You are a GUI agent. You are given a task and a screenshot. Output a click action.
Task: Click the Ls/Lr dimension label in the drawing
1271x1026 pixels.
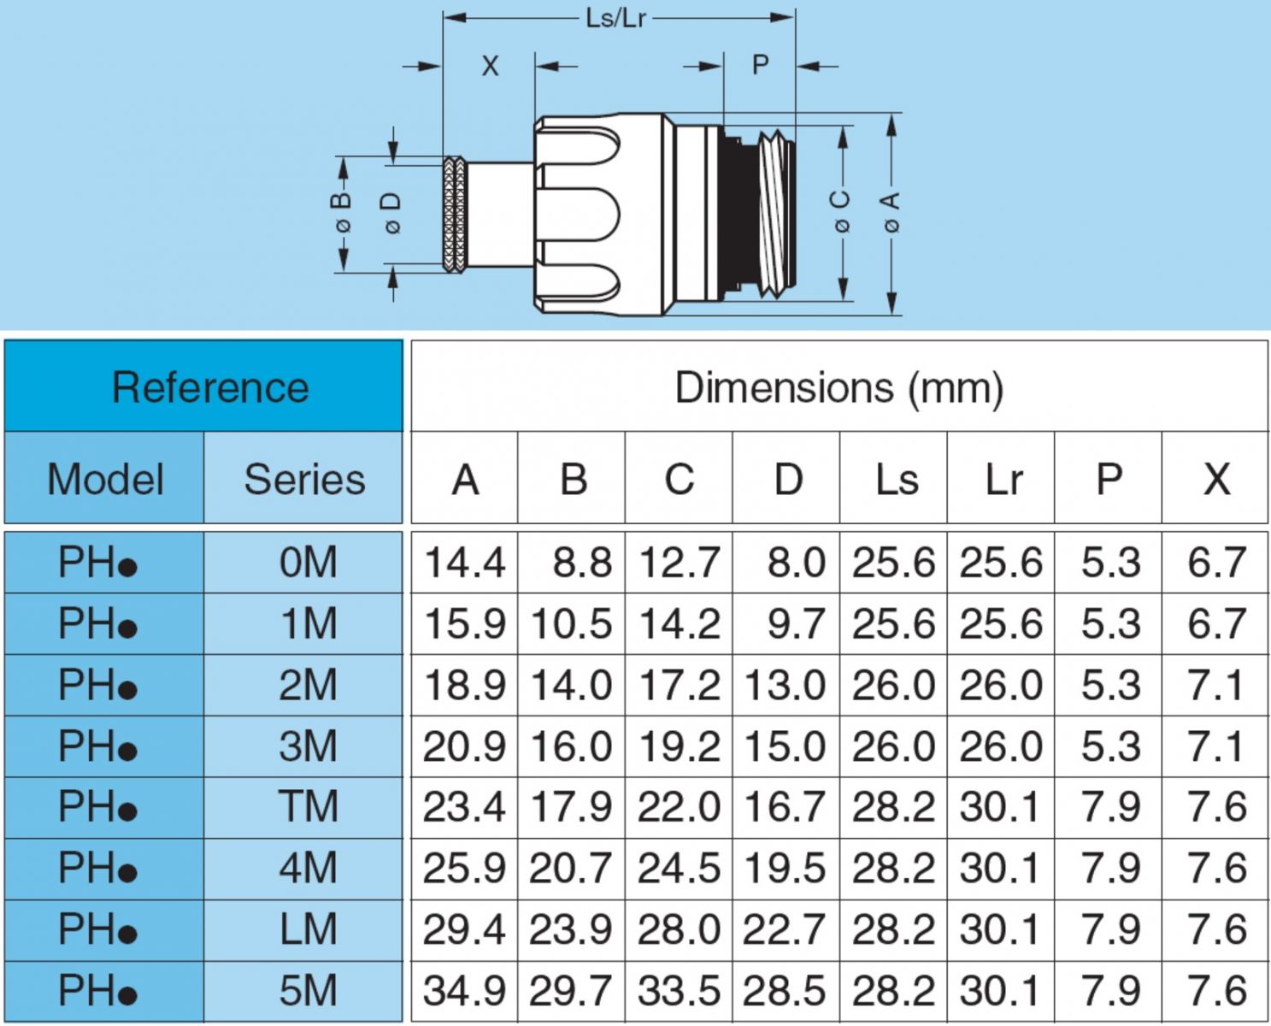(615, 18)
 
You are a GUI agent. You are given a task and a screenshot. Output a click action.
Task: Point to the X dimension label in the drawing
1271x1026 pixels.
(489, 66)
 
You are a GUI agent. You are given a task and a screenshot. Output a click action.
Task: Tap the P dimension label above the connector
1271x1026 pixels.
(760, 65)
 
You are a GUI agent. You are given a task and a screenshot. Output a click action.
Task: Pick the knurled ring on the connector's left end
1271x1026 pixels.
(455, 214)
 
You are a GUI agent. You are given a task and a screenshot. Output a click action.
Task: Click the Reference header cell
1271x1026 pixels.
(210, 387)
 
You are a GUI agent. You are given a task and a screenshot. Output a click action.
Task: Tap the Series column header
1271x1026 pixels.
(304, 479)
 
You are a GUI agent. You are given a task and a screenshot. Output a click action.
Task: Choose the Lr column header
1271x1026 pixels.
(1002, 479)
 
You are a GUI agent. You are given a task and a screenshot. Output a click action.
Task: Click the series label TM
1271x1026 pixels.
(308, 807)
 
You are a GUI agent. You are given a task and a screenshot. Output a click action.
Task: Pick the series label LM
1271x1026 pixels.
(308, 929)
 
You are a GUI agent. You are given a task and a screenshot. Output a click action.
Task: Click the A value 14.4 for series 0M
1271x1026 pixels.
(465, 563)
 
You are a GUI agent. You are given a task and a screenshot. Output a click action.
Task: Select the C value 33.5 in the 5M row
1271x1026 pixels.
(680, 991)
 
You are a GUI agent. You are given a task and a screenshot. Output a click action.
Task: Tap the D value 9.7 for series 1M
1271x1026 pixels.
(795, 624)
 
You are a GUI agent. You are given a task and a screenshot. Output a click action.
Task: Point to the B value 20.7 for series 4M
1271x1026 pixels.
(571, 869)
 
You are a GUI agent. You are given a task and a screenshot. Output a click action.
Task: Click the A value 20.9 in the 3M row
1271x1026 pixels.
(465, 746)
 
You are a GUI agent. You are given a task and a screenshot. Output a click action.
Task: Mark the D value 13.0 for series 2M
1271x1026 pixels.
(786, 686)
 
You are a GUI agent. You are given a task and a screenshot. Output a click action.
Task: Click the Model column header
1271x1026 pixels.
(105, 479)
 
